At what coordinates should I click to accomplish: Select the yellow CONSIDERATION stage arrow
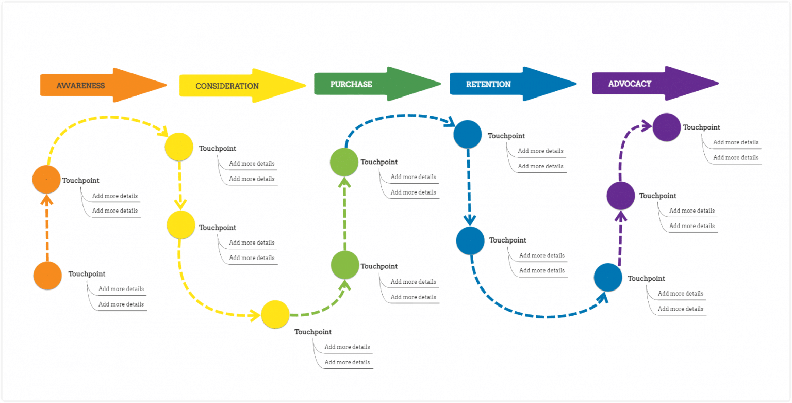coord(237,86)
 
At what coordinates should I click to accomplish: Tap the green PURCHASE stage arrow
coord(371,84)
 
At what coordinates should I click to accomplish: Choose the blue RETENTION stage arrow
coord(508,84)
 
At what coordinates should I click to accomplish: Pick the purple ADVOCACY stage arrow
coord(650,84)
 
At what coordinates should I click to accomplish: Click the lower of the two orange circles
coord(47,276)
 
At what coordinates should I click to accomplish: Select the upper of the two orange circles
coord(46,179)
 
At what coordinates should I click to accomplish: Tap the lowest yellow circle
coord(275,314)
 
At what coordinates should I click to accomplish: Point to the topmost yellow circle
coord(179,147)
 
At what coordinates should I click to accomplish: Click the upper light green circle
coord(344,162)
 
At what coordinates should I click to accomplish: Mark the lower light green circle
coord(345,265)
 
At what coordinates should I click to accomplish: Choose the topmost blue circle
coord(468,134)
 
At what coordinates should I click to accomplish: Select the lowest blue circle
coord(608,277)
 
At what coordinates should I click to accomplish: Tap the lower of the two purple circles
coord(620,196)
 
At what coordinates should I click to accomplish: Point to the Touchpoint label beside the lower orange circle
coord(87,274)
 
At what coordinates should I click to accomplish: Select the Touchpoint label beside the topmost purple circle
coord(701,127)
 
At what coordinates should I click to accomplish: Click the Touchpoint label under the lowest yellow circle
coord(313,332)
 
